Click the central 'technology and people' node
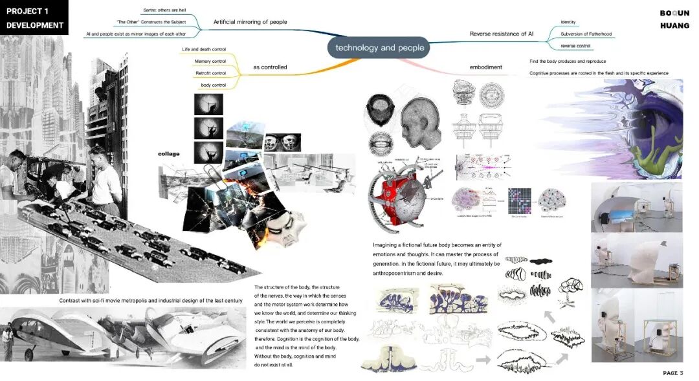pos(380,47)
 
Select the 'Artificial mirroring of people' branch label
pos(250,22)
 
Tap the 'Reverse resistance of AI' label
pos(498,34)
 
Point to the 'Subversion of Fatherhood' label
pos(586,34)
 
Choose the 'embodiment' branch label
pos(485,67)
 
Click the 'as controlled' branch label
pos(270,67)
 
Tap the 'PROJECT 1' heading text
pos(28,11)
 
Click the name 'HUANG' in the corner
pos(674,26)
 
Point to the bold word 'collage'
pos(168,154)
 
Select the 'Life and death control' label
pos(204,50)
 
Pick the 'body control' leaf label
pos(214,85)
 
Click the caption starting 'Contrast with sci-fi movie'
pos(150,301)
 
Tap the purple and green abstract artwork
pos(615,129)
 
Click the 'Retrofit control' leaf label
pos(211,73)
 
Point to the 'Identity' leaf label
pos(568,22)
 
